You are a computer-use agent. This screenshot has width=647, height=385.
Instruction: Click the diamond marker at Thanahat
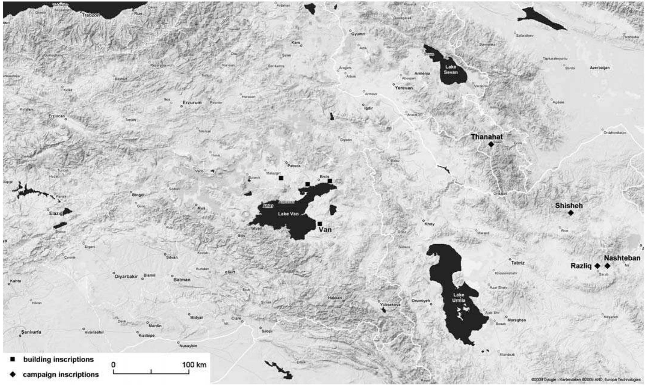click(x=491, y=144)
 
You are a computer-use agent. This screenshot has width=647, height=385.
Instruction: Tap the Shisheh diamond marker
click(x=571, y=213)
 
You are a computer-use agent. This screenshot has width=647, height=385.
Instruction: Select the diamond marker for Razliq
click(x=597, y=266)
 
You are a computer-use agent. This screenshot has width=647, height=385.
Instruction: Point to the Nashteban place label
click(x=622, y=258)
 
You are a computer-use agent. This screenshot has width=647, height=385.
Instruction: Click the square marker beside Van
click(x=320, y=224)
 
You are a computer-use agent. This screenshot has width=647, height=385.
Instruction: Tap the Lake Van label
click(x=288, y=214)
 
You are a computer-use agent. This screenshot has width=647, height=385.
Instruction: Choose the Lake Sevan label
click(x=451, y=70)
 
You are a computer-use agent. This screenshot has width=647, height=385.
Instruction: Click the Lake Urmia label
click(x=459, y=298)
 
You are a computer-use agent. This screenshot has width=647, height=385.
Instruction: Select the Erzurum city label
click(x=192, y=103)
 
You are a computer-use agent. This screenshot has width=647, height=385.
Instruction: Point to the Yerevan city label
click(x=404, y=88)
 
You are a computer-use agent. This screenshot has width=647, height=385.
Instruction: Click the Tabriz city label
click(x=518, y=263)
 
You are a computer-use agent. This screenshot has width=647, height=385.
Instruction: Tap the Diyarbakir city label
click(x=126, y=277)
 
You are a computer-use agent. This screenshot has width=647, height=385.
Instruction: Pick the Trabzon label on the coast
click(x=91, y=15)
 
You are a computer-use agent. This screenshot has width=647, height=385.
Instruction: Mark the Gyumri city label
click(x=358, y=34)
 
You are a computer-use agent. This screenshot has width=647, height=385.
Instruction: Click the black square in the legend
click(x=13, y=359)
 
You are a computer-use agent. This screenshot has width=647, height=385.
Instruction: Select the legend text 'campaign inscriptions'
click(x=61, y=375)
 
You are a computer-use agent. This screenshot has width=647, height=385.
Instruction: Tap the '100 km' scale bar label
click(x=194, y=365)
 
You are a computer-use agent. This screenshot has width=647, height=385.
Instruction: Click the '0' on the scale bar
click(x=113, y=365)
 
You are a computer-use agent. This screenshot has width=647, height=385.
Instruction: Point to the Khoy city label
click(x=429, y=224)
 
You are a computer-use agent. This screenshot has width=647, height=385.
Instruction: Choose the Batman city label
click(x=182, y=280)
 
